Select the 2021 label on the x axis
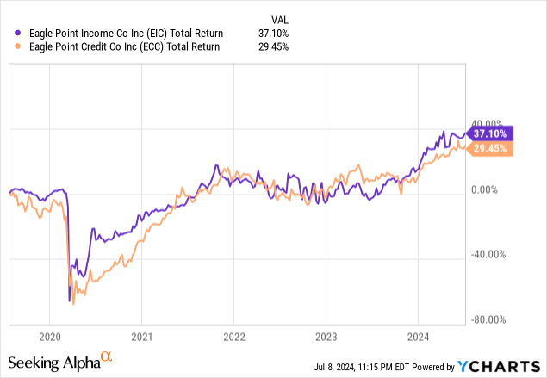click(x=142, y=336)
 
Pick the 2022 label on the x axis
click(x=234, y=336)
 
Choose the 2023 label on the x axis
click(x=326, y=336)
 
